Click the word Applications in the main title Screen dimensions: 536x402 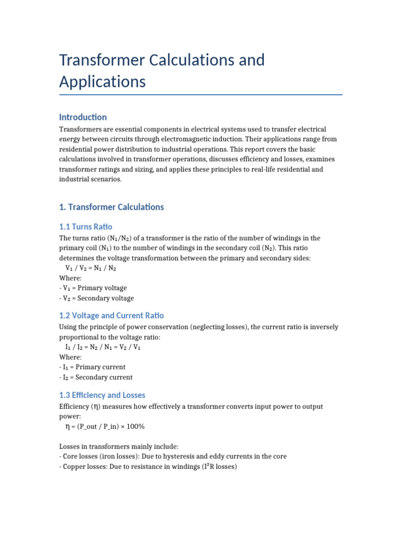(102, 82)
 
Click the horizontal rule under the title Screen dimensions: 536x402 (201, 95)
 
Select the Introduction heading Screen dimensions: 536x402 (83, 117)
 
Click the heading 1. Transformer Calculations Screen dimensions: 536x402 (111, 207)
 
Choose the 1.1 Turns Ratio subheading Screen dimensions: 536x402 (86, 227)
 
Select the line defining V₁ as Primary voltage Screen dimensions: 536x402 (94, 288)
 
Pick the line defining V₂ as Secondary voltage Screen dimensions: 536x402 (98, 298)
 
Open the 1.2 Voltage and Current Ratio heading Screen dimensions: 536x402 (111, 315)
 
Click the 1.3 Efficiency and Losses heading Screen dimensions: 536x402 (102, 395)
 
